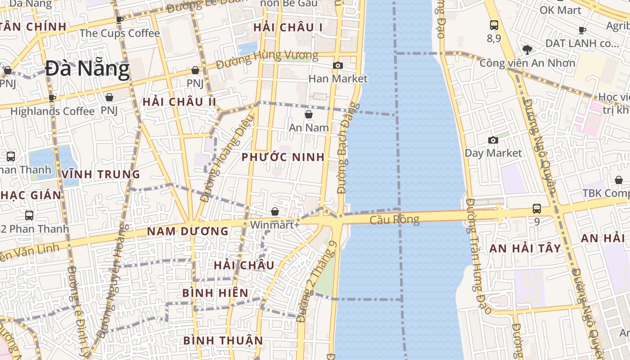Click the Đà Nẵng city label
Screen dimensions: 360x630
point(87,69)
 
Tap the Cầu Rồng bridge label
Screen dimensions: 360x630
point(395,220)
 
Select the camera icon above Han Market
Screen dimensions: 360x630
point(338,66)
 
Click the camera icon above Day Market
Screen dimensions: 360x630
point(493,140)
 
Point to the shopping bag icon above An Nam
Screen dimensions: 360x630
point(309,114)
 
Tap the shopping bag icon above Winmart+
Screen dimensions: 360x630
point(275,211)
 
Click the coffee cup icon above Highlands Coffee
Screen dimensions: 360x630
point(52,98)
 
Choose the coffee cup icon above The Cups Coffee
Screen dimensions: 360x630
point(119,20)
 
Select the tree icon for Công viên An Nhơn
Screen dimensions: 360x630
point(527,49)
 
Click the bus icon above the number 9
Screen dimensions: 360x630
point(537,209)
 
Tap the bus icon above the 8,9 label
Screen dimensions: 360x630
point(494,25)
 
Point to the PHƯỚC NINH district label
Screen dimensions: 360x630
point(283,157)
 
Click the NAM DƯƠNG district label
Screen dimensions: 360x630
point(188,231)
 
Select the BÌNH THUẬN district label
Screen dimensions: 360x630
point(223,340)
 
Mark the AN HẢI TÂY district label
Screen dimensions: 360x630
point(525,248)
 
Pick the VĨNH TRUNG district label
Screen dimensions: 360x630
point(101,174)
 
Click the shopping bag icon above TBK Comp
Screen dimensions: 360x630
point(619,180)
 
